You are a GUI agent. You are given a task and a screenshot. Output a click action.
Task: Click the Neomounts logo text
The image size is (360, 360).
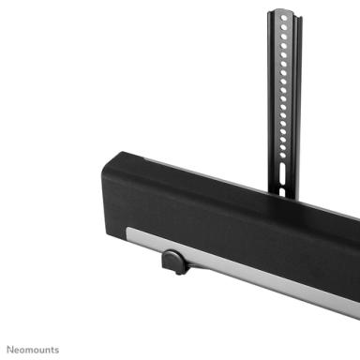[31, 349]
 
